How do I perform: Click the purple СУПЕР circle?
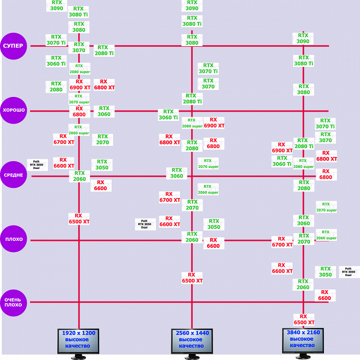[x=14, y=46]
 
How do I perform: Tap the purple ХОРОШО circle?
[x=14, y=111]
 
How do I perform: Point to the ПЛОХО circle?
[x=14, y=240]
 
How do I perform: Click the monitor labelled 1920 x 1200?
[x=78, y=340]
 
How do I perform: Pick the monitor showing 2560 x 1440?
[x=192, y=340]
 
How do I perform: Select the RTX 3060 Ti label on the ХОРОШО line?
[x=168, y=114]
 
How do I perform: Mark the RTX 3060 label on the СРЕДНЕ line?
[x=177, y=173]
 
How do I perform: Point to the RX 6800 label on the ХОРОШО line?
[x=79, y=111]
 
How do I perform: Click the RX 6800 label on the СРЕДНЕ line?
[x=326, y=174]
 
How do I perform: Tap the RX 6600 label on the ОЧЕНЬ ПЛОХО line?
[x=324, y=295]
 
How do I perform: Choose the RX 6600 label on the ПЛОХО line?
[x=213, y=243]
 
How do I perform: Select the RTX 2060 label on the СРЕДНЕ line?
[x=79, y=176]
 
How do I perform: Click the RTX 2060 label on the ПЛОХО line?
[x=192, y=237]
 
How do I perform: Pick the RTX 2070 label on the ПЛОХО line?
[x=303, y=239]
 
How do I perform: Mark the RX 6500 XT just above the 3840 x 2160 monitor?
[x=304, y=319]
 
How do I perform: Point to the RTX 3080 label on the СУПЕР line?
[x=192, y=40]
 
